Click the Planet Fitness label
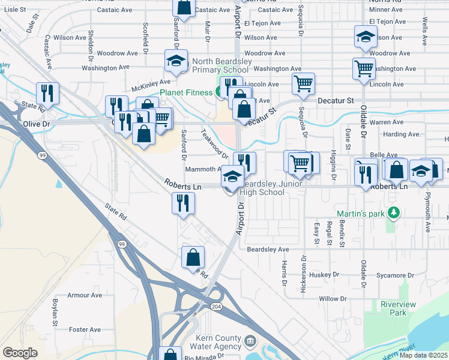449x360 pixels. click(x=185, y=92)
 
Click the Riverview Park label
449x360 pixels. click(x=398, y=308)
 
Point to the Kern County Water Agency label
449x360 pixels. click(x=214, y=343)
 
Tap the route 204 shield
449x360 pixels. click(x=215, y=306)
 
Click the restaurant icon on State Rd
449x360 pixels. click(x=46, y=93)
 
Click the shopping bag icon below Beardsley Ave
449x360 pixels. click(x=193, y=257)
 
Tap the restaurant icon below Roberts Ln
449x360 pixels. click(x=183, y=203)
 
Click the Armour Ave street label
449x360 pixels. click(x=85, y=295)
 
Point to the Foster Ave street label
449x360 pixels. click(x=85, y=329)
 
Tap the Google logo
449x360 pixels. click(x=20, y=353)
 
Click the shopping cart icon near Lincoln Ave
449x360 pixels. click(x=304, y=84)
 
